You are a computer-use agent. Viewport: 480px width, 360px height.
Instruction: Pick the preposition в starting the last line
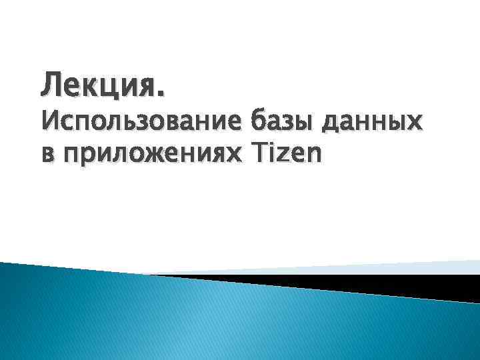pyautogui.click(x=48, y=155)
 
